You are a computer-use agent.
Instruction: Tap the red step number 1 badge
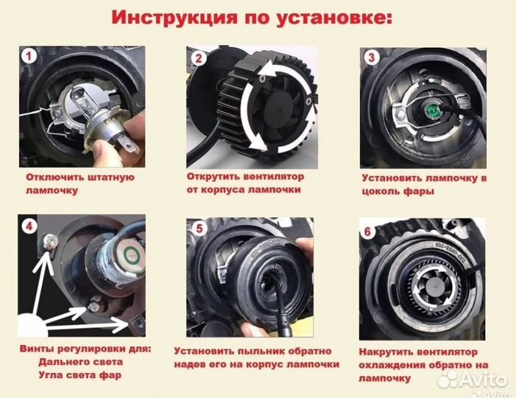tap(28, 56)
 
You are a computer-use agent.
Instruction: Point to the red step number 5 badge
tap(198, 228)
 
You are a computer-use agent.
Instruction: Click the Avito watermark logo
tap(471, 379)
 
